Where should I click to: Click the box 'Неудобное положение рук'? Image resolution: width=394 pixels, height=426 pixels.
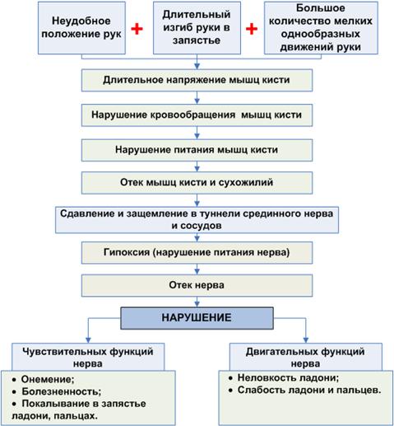81,28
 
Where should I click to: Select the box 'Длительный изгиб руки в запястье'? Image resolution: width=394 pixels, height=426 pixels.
197,28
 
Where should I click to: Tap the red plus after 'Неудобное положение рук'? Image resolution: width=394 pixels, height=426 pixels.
137,29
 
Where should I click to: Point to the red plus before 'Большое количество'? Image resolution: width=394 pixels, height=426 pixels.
252,29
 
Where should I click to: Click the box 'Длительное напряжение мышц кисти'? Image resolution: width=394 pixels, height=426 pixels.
197,80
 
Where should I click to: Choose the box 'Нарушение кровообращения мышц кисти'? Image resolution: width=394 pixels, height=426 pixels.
197,115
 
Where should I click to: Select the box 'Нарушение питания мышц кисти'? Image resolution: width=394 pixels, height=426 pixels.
197,150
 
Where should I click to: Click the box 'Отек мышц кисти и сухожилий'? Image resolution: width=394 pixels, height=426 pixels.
197,183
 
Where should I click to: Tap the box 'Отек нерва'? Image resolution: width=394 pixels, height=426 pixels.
197,286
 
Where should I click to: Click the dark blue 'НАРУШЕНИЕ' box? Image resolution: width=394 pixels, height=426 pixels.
197,318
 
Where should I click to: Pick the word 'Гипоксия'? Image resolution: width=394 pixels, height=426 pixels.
127,252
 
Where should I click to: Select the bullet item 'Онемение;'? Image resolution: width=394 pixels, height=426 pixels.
44,379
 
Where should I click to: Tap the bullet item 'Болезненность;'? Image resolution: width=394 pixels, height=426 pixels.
57,391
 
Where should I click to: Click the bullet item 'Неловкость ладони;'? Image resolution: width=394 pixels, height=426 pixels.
284,378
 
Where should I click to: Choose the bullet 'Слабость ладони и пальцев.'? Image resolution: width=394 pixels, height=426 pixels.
305,390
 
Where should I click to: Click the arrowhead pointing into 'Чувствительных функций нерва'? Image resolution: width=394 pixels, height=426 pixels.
88,340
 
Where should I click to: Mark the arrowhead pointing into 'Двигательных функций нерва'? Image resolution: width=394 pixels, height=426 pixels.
306,340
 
